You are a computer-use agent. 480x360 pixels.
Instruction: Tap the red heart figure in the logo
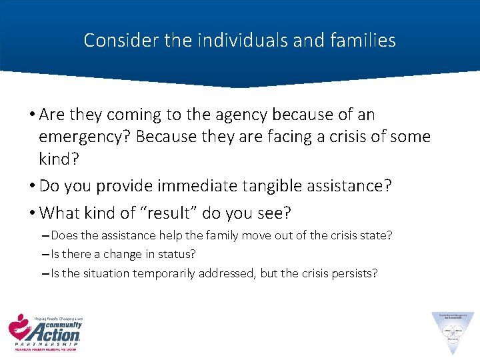[x=19, y=326]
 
